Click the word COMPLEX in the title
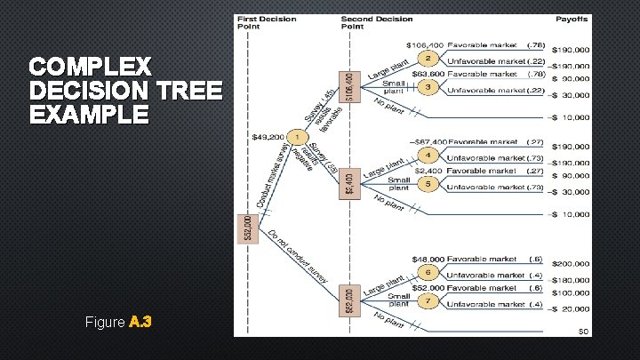click(91, 68)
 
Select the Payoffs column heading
click(572, 20)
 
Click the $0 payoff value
click(583, 332)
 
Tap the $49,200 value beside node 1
click(268, 138)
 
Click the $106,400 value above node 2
click(425, 44)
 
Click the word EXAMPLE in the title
click(89, 115)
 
